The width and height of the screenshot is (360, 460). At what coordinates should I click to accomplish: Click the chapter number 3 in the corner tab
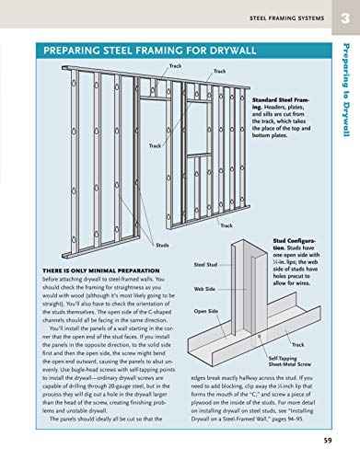pyautogui.click(x=346, y=17)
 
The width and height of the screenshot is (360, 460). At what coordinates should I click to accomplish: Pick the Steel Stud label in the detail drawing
pyautogui.click(x=206, y=264)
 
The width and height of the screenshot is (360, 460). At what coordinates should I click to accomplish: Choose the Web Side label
pyautogui.click(x=204, y=288)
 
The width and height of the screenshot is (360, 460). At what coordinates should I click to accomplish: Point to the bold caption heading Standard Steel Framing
pyautogui.click(x=277, y=98)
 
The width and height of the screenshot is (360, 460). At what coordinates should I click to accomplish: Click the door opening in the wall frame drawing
pyautogui.click(x=157, y=166)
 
